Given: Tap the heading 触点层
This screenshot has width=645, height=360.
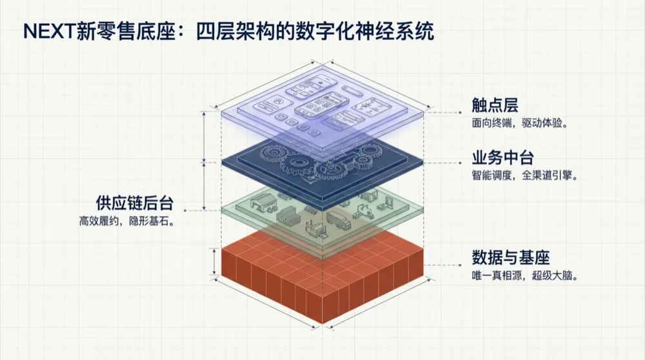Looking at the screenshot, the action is [495, 105].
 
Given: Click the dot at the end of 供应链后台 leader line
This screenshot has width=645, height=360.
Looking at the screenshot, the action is [186, 210].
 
